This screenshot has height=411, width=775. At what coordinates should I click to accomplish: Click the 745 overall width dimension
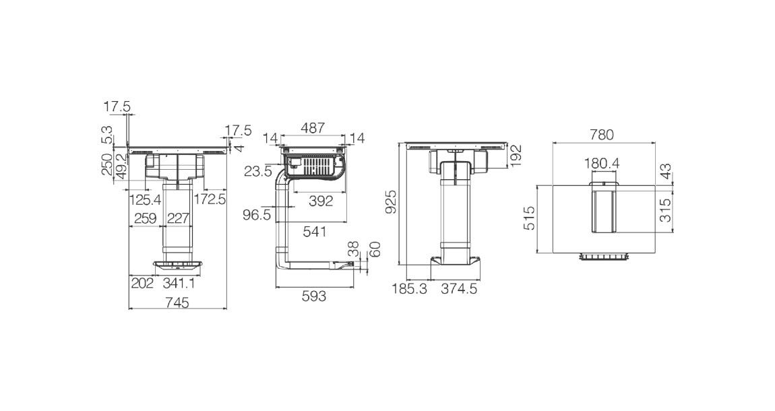click(177, 302)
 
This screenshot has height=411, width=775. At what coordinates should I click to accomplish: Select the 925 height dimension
click(392, 202)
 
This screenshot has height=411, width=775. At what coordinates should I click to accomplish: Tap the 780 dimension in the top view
click(602, 134)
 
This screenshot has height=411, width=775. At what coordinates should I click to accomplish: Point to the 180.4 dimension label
click(602, 164)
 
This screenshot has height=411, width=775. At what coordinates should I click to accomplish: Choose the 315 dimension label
click(666, 210)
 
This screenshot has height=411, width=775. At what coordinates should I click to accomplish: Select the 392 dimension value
click(321, 201)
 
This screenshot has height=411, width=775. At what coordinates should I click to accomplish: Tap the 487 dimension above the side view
click(313, 128)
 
